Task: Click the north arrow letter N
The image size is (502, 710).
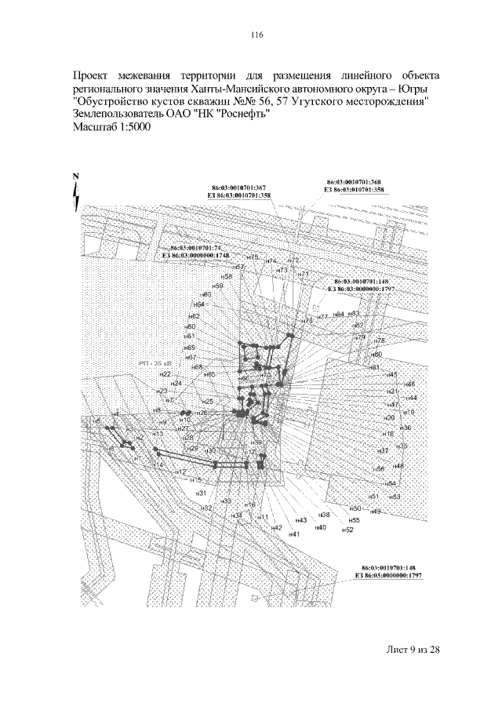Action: coord(75,176)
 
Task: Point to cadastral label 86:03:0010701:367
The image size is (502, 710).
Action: coord(239,188)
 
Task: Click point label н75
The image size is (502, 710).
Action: coord(252,257)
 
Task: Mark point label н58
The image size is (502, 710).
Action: coord(226,277)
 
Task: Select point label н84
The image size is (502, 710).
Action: coord(338,314)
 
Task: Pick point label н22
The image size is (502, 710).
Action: coord(166,375)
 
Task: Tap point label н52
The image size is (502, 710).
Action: coord(348,530)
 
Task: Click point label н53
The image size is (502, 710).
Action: coord(395,497)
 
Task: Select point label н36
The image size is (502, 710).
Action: coord(406,428)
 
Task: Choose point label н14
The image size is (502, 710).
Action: coord(158,465)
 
